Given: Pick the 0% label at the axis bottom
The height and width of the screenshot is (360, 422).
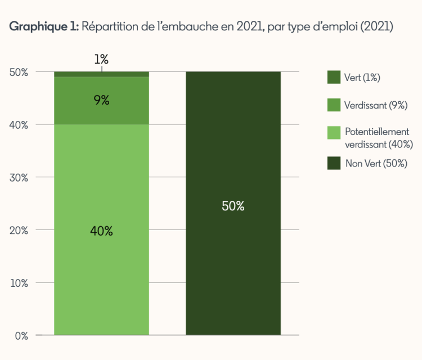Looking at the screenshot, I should [x=21, y=336].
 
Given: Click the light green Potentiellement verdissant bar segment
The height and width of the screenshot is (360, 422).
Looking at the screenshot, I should [x=101, y=270].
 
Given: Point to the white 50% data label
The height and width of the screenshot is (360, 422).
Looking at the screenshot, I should [x=233, y=206].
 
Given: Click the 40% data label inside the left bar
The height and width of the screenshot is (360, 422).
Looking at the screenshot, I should [x=101, y=231].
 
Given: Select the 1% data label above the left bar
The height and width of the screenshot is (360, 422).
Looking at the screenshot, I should [x=101, y=59].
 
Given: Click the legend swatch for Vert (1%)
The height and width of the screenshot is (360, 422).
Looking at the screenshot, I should [x=334, y=77].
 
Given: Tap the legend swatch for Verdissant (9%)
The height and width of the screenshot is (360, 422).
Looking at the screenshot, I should [x=334, y=105].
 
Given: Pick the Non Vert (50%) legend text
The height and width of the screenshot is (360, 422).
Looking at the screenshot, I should [x=376, y=164].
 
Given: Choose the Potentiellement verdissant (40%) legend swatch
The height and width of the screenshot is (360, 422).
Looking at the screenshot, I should [x=334, y=133].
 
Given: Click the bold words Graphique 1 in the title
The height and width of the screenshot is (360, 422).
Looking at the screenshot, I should [x=44, y=26].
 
